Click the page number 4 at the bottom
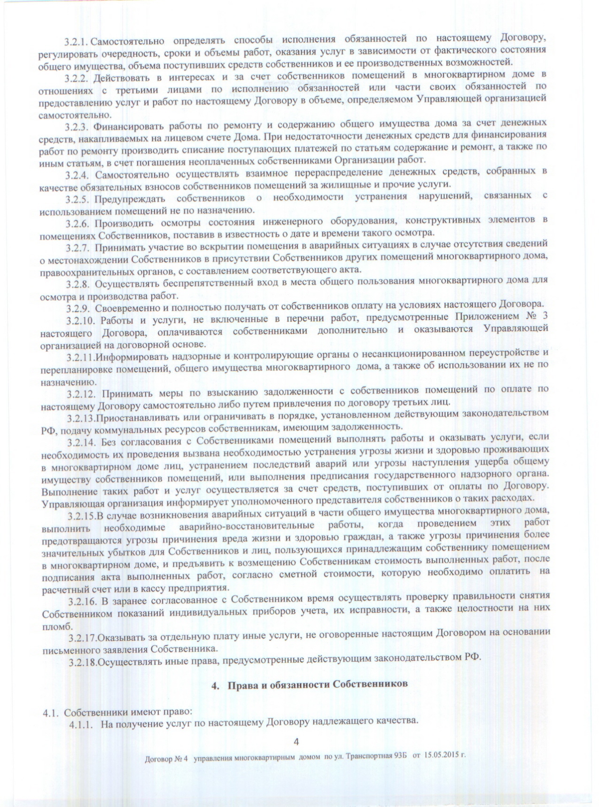pos(296,741)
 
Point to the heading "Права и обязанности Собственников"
pos(318,684)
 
